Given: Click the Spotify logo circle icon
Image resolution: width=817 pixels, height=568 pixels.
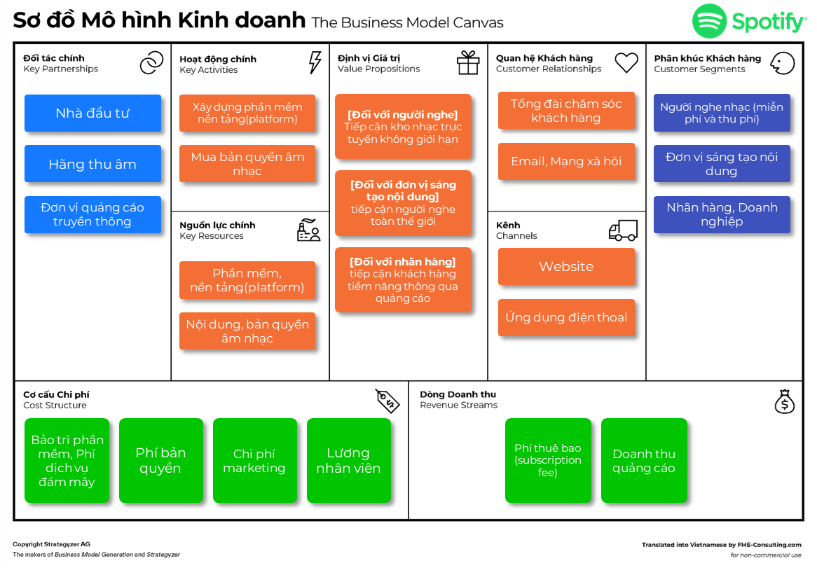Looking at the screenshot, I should tap(709, 21).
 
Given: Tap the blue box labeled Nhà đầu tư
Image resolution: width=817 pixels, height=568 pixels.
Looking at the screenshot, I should tap(92, 113).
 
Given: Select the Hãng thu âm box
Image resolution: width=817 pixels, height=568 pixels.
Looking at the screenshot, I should tap(92, 164).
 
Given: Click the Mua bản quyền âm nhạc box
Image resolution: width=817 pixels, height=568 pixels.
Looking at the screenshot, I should tap(247, 164).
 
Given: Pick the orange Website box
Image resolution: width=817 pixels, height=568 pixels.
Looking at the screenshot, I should tap(566, 267).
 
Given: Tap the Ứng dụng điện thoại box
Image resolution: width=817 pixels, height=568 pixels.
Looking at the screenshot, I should tap(566, 317).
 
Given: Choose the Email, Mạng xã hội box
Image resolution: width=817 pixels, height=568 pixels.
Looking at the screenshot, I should tap(566, 161).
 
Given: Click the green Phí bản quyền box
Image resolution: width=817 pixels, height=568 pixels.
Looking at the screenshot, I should tap(160, 461).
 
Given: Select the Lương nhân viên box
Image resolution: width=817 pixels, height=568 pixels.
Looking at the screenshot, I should tap(348, 461).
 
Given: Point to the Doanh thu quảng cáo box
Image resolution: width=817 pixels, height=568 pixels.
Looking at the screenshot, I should tap(644, 461).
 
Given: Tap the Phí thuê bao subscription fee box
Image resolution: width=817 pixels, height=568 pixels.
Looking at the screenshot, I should tap(548, 461).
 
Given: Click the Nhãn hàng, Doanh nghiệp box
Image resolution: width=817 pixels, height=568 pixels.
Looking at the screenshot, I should tap(722, 214).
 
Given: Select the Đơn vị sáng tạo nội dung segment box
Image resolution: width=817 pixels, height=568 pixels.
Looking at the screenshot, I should tap(722, 164).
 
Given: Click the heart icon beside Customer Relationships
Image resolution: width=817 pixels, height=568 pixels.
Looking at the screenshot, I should tap(626, 62).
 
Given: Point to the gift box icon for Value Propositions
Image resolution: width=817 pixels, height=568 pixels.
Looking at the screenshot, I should tap(468, 62).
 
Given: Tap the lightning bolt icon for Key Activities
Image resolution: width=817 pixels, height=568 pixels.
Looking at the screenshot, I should tap(315, 62).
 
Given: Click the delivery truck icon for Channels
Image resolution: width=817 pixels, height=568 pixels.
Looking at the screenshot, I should tap(623, 230).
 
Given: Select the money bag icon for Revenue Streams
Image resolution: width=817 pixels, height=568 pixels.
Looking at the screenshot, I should tap(784, 401).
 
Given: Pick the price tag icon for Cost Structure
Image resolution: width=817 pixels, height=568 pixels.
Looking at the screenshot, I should tap(387, 400).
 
